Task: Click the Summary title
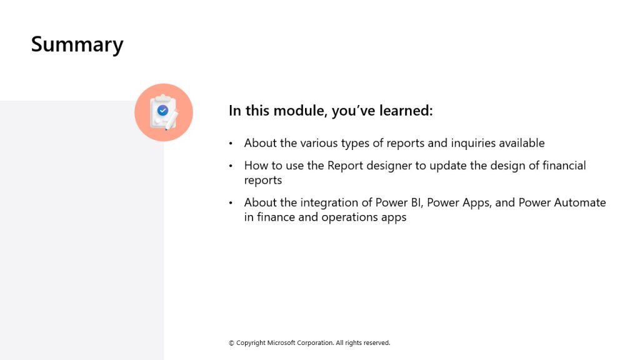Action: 77,45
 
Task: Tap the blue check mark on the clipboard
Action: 163,110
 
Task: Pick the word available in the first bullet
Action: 522,143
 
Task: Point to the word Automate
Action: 580,202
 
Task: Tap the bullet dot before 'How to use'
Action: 231,166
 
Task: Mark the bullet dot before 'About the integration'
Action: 231,203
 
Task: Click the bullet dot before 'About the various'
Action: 231,143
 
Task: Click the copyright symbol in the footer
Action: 231,343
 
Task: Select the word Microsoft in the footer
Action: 281,343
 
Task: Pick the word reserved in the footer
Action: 377,343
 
